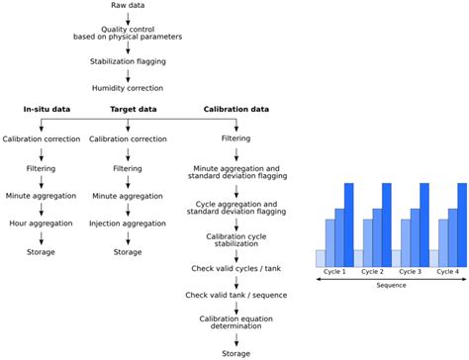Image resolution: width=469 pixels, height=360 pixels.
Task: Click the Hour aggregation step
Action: (42, 225)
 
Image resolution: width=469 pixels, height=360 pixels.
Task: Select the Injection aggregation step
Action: (128, 225)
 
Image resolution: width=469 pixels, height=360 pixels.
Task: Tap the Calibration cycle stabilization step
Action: (235, 241)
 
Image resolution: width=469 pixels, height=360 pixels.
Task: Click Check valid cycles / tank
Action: (235, 269)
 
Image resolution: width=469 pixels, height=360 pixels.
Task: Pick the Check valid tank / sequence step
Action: (235, 295)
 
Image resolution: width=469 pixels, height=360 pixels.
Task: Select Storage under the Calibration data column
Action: (235, 353)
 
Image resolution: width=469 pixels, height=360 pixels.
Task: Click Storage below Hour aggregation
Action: (42, 252)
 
